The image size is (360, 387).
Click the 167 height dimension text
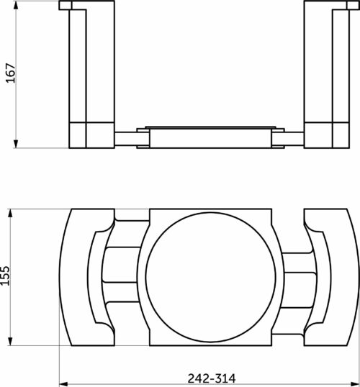10,74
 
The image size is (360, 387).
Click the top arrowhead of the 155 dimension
11,212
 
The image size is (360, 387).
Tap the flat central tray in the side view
209,137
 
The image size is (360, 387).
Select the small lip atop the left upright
66,6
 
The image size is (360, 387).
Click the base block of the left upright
90,135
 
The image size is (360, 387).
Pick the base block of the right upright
322,135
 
